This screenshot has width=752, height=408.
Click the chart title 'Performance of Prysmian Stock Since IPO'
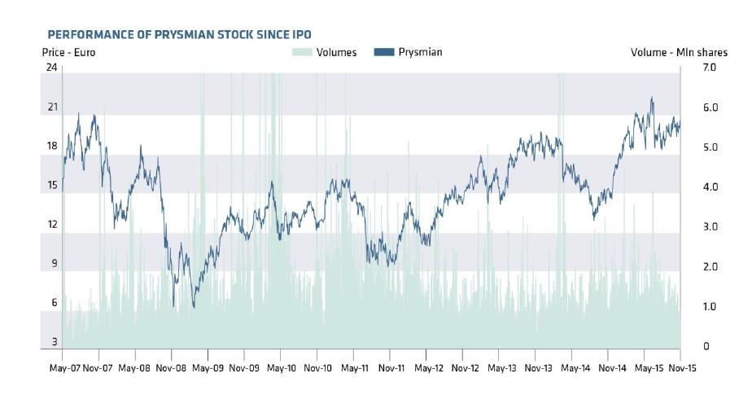[179, 34]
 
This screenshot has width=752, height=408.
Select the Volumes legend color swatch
[301, 52]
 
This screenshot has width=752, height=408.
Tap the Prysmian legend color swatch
[383, 52]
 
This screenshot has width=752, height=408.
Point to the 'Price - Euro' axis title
[69, 52]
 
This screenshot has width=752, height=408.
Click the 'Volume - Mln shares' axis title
[679, 52]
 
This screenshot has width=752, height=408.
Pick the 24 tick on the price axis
[52, 68]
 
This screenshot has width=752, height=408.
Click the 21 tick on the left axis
[52, 107]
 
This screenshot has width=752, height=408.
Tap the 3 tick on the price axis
[55, 342]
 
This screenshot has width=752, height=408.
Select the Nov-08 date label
[172, 368]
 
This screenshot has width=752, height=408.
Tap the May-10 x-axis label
[281, 368]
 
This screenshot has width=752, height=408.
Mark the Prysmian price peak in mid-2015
[652, 98]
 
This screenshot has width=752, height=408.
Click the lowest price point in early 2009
[194, 307]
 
